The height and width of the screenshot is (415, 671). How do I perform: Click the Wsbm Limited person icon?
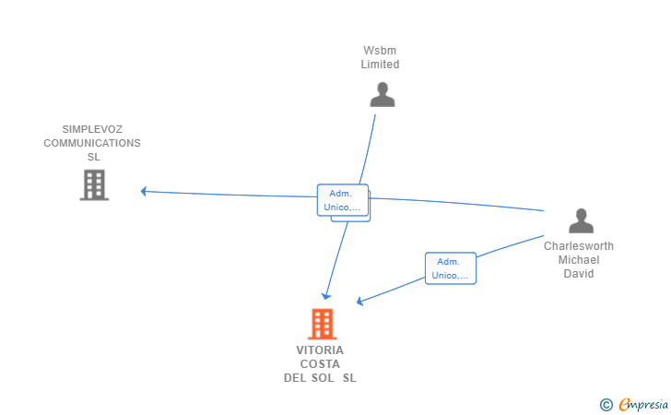(382, 94)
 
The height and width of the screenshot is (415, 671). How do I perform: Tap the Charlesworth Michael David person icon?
(581, 221)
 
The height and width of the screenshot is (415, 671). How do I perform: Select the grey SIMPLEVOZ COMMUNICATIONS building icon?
(94, 184)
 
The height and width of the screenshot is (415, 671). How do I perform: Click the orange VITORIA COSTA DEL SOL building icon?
(321, 324)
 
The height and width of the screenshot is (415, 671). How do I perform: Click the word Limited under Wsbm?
(380, 65)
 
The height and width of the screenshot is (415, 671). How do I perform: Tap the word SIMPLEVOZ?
(92, 130)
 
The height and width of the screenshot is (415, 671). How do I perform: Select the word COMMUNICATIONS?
(92, 143)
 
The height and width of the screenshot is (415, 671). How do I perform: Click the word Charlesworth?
(578, 246)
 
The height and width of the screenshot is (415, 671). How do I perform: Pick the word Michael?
(578, 260)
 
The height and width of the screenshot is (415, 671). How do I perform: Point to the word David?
(578, 274)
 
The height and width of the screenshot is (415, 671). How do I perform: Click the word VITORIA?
(320, 350)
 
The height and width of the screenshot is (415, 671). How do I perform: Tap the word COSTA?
(320, 363)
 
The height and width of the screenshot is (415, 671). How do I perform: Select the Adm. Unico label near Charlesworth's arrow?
(450, 268)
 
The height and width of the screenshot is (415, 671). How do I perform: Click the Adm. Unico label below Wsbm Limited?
(343, 200)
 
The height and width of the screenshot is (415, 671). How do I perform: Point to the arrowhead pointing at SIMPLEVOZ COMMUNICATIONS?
(144, 192)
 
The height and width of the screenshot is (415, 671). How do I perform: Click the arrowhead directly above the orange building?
(325, 295)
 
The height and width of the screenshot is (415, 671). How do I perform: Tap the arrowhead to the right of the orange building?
(359, 302)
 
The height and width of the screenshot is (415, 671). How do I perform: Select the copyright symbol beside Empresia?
(606, 404)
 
